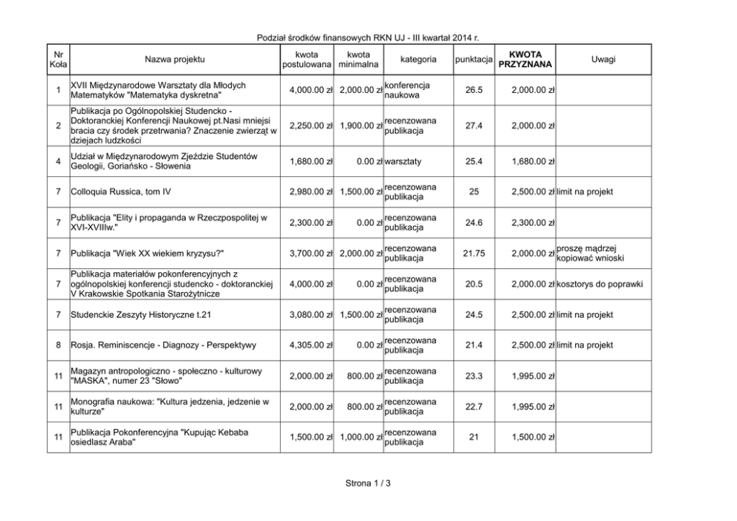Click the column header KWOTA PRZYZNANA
click(x=530, y=59)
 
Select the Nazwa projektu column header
click(x=174, y=59)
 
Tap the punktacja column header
click(x=473, y=59)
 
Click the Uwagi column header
click(x=603, y=59)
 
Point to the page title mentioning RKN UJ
click(x=368, y=38)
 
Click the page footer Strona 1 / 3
click(x=368, y=484)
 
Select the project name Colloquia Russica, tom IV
click(x=120, y=192)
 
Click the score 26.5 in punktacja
click(x=473, y=91)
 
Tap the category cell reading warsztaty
click(x=403, y=161)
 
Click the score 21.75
click(x=473, y=253)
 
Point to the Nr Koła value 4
click(x=58, y=161)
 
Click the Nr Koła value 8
click(x=58, y=345)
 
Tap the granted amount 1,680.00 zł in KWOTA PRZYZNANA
click(x=532, y=161)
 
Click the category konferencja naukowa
click(x=406, y=91)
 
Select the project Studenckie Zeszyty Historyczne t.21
click(x=140, y=314)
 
